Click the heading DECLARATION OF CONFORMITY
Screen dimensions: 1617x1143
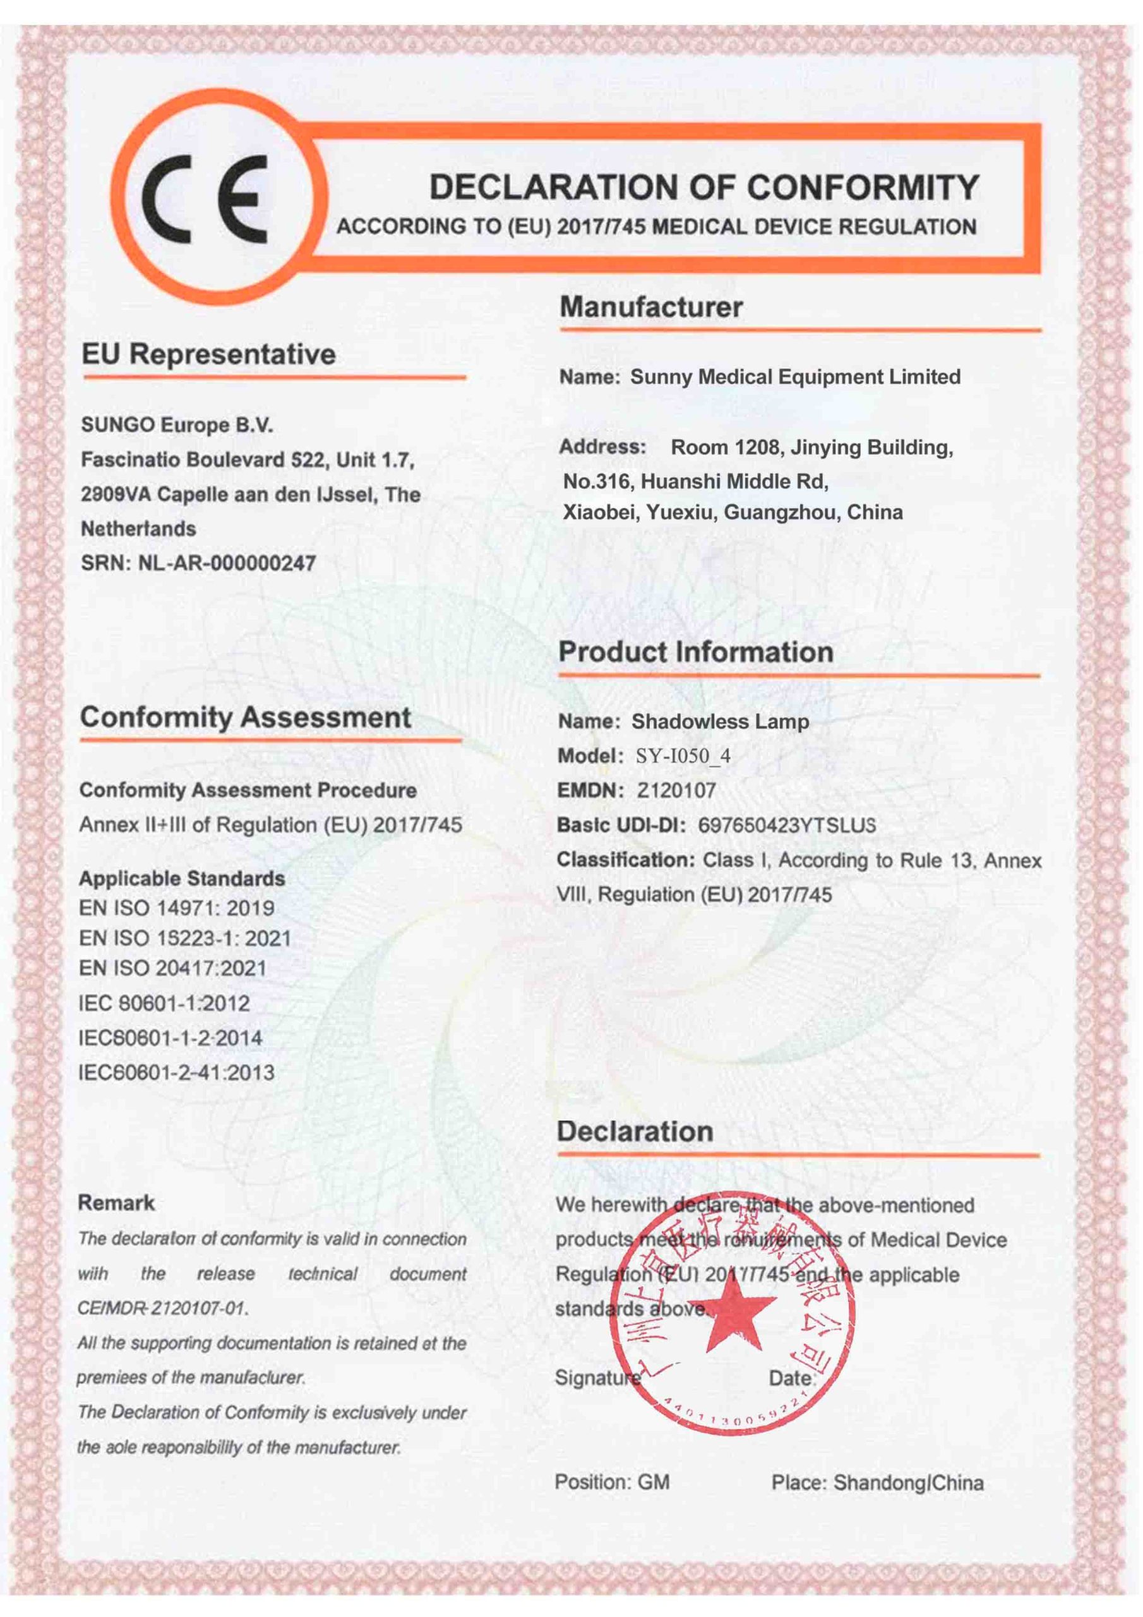click(703, 188)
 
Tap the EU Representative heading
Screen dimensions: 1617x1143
click(208, 354)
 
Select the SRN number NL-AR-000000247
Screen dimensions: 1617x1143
click(226, 563)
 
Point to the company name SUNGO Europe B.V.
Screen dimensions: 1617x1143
click(177, 425)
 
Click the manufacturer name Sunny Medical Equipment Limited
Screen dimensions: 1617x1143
click(794, 377)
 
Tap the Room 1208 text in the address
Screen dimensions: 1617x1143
click(725, 447)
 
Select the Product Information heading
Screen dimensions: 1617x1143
click(695, 652)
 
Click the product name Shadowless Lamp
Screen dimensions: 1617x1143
click(720, 722)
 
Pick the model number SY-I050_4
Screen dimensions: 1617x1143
click(683, 756)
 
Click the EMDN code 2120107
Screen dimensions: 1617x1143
click(676, 791)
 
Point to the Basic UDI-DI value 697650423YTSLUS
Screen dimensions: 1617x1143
click(787, 826)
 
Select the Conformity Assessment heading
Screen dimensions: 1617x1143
click(245, 718)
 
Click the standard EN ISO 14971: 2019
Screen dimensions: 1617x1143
click(176, 908)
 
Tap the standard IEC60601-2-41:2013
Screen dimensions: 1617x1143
click(176, 1073)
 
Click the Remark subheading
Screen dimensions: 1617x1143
click(116, 1203)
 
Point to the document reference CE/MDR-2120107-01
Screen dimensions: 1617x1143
click(163, 1309)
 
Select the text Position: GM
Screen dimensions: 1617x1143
click(612, 1482)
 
